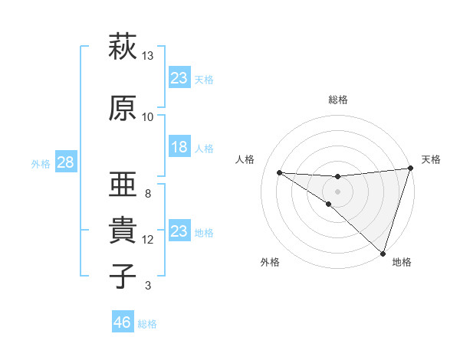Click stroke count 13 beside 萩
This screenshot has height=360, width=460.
[x=148, y=56]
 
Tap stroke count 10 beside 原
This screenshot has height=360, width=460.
[x=148, y=117]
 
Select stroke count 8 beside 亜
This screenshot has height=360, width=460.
[x=148, y=194]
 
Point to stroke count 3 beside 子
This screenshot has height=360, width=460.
[x=148, y=286]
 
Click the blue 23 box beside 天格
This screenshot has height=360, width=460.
[x=179, y=77]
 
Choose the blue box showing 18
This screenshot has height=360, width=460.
[x=179, y=147]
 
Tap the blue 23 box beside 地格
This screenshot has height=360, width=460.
[x=179, y=231]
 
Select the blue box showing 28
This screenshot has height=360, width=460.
[x=65, y=162]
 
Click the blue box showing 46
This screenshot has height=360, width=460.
[x=123, y=322]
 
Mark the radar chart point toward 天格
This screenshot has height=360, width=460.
[x=410, y=169]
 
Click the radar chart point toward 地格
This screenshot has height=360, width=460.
[x=382, y=254]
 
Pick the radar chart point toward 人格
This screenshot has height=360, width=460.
[x=279, y=172]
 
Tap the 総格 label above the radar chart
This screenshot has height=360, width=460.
[x=338, y=100]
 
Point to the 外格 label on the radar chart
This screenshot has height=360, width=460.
[x=270, y=262]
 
